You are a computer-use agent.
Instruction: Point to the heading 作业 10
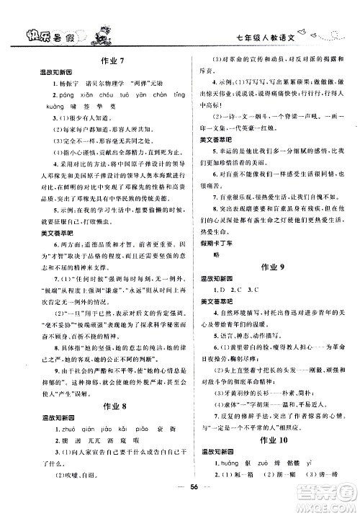[x=266, y=440]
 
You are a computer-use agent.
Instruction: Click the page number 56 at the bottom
[x=179, y=502]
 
